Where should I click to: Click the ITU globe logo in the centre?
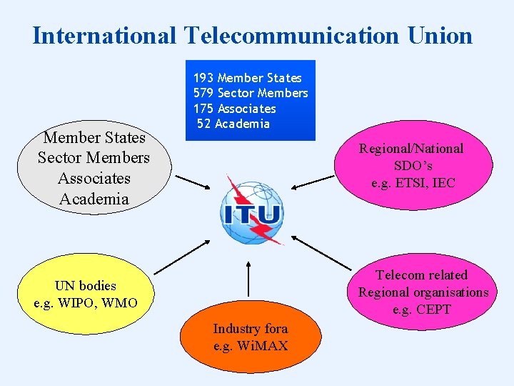coord(252,209)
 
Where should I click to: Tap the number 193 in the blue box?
coord(203,78)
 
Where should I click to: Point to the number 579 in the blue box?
coord(203,93)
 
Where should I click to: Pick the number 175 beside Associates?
coord(203,109)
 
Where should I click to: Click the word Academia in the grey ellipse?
coord(94,199)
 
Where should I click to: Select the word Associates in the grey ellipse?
coord(94,178)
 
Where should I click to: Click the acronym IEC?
coord(444,183)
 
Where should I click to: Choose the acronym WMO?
coord(119,303)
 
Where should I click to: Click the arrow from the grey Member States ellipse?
coord(191,182)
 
